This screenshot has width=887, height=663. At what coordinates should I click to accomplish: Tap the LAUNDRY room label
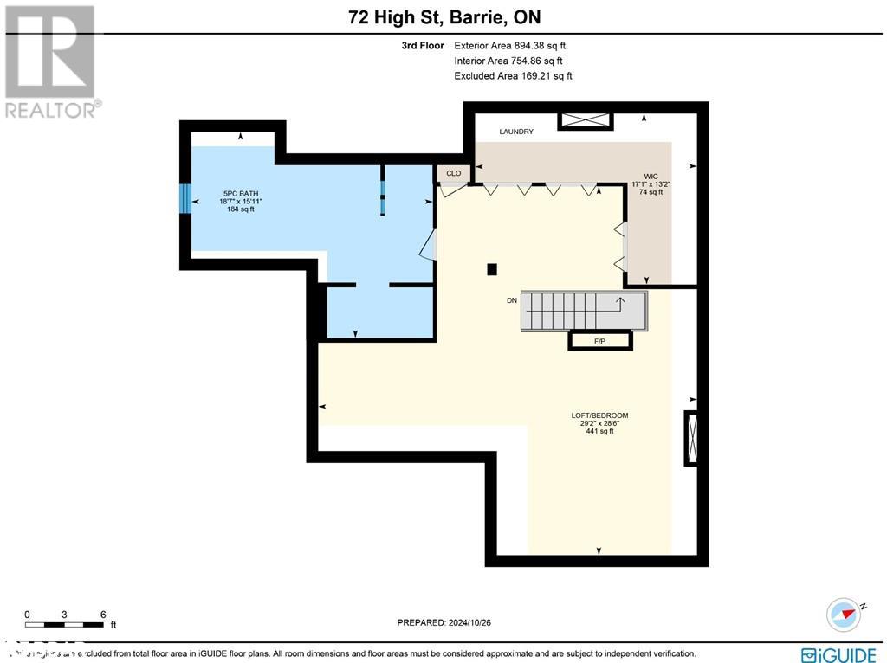tap(516, 132)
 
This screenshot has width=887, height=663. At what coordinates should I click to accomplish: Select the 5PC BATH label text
tap(240, 194)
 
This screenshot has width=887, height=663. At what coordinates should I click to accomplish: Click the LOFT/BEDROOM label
tap(599, 415)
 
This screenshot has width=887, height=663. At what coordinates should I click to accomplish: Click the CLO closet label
tap(453, 174)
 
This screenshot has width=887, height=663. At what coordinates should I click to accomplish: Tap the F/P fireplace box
tap(599, 342)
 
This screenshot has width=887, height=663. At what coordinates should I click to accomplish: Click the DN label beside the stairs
tap(512, 301)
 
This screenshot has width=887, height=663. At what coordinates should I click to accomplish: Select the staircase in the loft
tap(583, 311)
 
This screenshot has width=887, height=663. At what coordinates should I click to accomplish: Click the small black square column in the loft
tap(492, 269)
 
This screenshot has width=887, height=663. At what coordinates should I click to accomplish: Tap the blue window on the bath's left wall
tap(185, 198)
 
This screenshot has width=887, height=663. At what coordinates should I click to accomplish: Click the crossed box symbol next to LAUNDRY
tap(585, 121)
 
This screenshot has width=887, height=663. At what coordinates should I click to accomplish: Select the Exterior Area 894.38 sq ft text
tap(510, 46)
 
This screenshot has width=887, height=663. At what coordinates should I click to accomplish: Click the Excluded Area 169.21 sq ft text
tap(513, 76)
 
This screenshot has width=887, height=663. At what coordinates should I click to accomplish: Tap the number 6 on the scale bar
tap(103, 615)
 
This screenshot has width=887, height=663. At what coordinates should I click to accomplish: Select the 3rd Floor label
tap(423, 46)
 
